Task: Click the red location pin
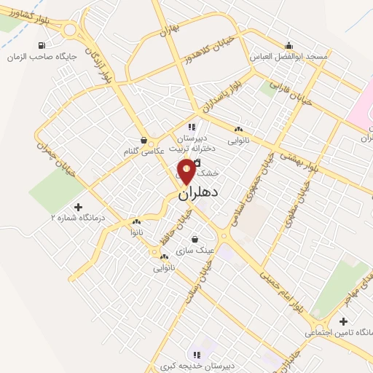pyautogui.click(x=186, y=173)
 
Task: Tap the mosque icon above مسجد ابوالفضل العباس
pyautogui.click(x=289, y=44)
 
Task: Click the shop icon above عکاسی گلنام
pyautogui.click(x=144, y=140)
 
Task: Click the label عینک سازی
pyautogui.click(x=198, y=249)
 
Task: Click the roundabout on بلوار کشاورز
pyautogui.click(x=70, y=30)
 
